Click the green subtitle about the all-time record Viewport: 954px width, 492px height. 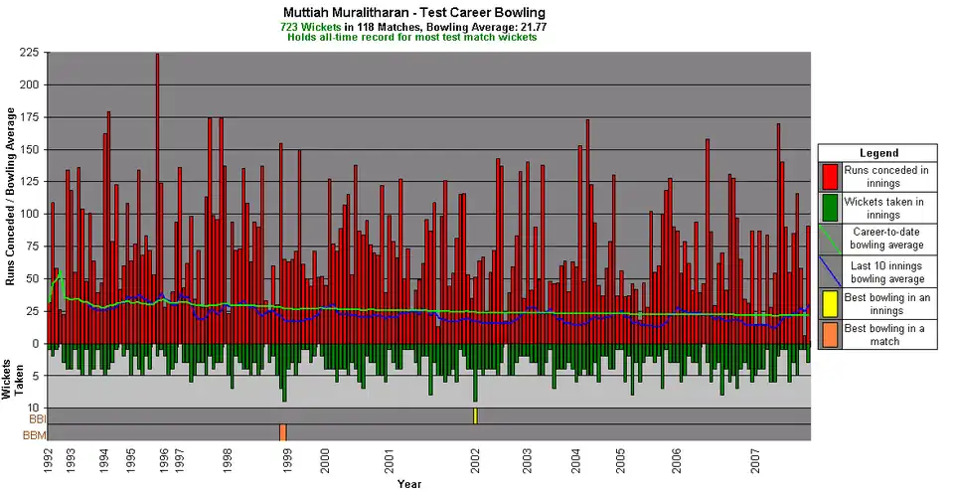[x=412, y=37]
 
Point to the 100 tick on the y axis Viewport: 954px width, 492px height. [x=31, y=215]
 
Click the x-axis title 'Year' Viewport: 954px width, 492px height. [x=409, y=484]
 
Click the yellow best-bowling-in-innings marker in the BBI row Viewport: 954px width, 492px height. [x=475, y=415]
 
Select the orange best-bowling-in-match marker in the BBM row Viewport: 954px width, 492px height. [x=283, y=432]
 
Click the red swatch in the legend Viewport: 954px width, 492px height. [x=829, y=176]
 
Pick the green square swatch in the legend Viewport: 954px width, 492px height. [x=829, y=208]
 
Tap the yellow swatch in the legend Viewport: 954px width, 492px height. [x=829, y=303]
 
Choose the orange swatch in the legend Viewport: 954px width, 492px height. [x=829, y=334]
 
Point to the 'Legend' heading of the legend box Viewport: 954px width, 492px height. [x=877, y=153]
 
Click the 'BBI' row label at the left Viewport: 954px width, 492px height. [x=37, y=418]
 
